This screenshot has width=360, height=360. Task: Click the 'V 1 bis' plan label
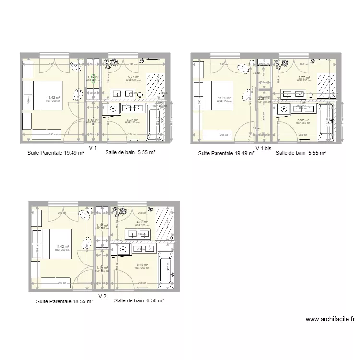pos(263,149)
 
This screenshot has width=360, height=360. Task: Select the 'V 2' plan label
pos(102,296)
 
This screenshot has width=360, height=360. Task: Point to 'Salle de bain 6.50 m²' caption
pos(139,301)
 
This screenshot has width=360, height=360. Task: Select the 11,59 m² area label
pos(224,98)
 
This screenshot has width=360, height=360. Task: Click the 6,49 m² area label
pos(142,264)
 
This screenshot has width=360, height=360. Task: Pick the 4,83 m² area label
pos(142,222)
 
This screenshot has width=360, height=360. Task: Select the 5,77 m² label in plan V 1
pos(133,77)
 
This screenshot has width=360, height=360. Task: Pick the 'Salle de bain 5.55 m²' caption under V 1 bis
pos(301,153)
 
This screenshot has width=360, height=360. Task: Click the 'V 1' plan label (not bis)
pos(93,148)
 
